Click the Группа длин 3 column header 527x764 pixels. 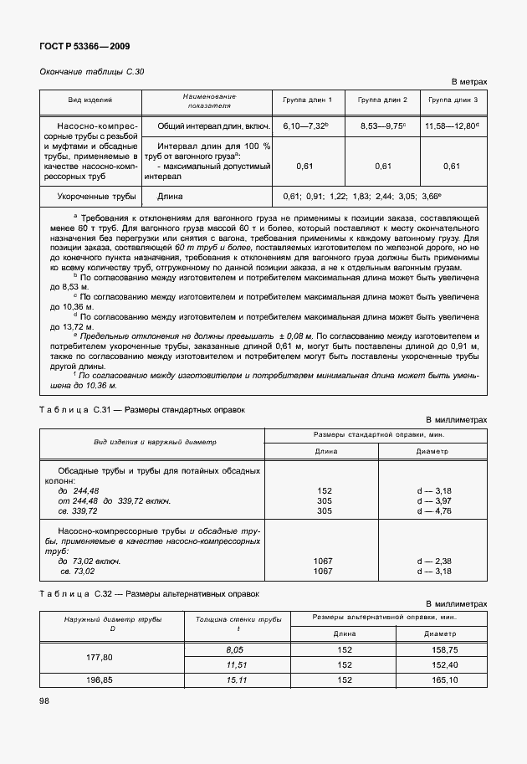point(453,100)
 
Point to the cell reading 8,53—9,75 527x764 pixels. point(382,126)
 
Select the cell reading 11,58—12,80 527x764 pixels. point(453,126)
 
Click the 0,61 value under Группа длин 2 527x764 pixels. point(382,166)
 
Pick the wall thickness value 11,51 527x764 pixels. point(239,664)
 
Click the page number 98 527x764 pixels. point(45,701)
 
